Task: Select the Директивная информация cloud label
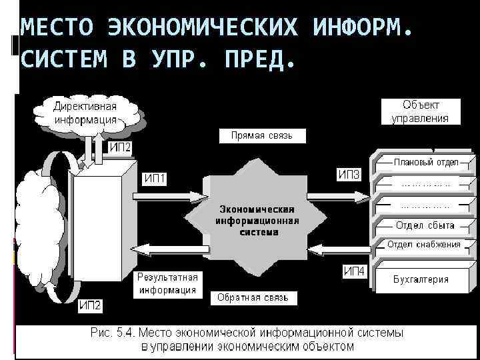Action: pyautogui.click(x=85, y=113)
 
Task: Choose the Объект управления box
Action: pyautogui.click(x=420, y=111)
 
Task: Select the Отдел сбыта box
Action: pyautogui.click(x=425, y=225)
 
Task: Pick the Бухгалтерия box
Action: pyautogui.click(x=420, y=279)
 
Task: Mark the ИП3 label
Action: pyautogui.click(x=349, y=175)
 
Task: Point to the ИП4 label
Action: pyautogui.click(x=354, y=271)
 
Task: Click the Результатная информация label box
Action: pyautogui.click(x=167, y=283)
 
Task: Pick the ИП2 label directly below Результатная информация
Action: pyautogui.click(x=90, y=306)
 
